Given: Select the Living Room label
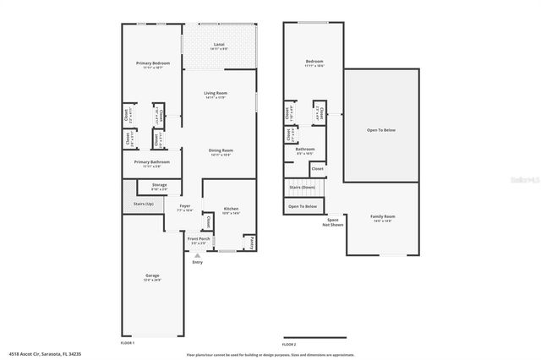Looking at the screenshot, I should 216,93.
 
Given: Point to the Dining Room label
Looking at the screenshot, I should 221,150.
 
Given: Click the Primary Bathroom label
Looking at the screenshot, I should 151,161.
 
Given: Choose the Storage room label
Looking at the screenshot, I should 159,184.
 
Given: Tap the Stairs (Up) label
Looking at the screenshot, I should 144,204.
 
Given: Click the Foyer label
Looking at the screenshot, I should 184,206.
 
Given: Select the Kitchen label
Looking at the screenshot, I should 231,209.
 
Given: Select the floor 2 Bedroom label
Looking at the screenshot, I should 314,62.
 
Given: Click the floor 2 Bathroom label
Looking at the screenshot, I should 305,150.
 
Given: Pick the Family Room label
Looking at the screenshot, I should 383,216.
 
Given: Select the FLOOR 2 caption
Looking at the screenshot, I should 289,344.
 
